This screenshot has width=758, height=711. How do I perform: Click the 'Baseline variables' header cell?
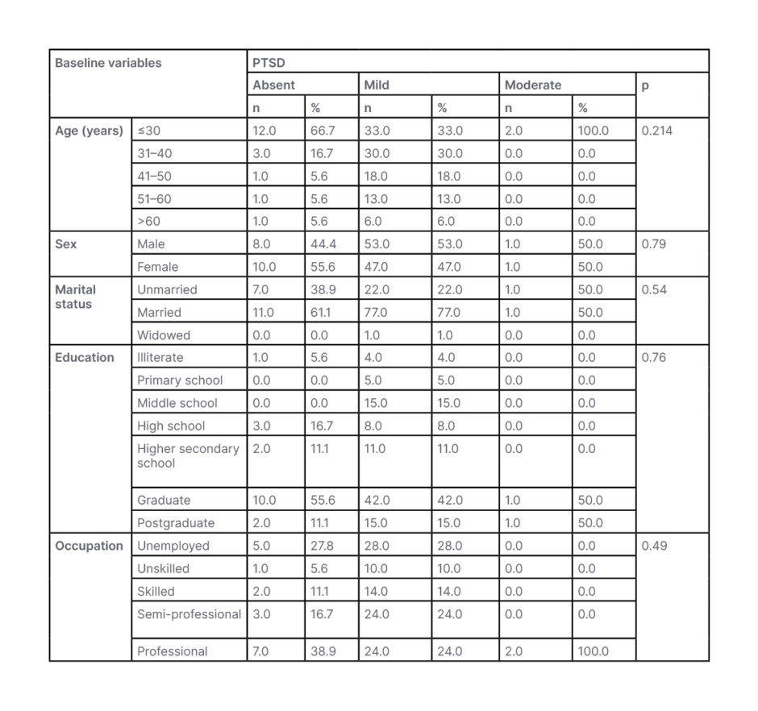click(x=108, y=63)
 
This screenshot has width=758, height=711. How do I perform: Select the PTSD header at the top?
click(x=269, y=63)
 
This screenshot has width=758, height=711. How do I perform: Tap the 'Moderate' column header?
click(x=533, y=85)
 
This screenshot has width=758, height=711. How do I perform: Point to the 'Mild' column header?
click(x=377, y=85)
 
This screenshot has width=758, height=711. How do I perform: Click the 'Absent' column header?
click(x=274, y=85)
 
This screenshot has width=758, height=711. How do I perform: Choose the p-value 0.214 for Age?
click(x=656, y=131)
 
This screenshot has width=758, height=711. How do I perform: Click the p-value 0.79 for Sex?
click(x=653, y=244)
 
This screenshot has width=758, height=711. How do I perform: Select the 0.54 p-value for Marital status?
click(x=653, y=289)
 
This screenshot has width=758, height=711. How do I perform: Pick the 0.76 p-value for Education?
click(x=653, y=357)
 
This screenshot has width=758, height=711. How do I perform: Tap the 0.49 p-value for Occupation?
click(x=653, y=546)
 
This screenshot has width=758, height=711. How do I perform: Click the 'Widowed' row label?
click(x=164, y=335)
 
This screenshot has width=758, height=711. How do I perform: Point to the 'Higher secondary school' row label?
click(x=188, y=455)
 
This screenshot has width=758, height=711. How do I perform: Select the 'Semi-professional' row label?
click(x=189, y=614)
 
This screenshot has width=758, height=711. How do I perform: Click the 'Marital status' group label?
click(x=75, y=297)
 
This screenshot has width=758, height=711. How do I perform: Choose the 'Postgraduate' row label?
click(x=176, y=523)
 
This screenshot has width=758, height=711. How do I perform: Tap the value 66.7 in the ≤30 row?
click(x=322, y=131)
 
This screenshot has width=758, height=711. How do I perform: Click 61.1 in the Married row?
click(x=320, y=313)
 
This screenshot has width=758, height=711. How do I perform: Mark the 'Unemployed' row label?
click(x=173, y=546)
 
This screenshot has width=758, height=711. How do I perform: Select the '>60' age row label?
click(x=148, y=222)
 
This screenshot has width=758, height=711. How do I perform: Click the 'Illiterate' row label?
click(x=160, y=357)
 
